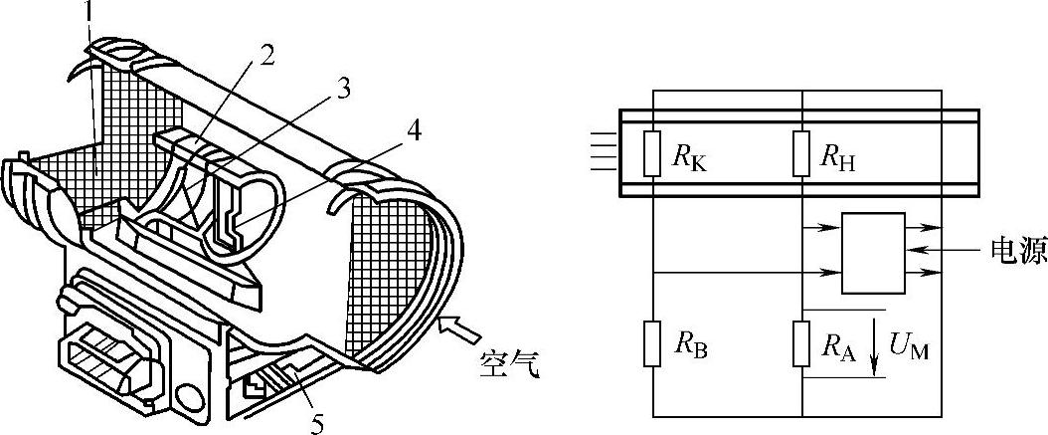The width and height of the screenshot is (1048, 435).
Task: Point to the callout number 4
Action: (412, 130)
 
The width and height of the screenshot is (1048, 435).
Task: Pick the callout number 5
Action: (316, 424)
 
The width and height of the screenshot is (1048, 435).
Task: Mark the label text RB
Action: (692, 345)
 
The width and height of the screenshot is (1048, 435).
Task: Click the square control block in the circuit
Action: (873, 253)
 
